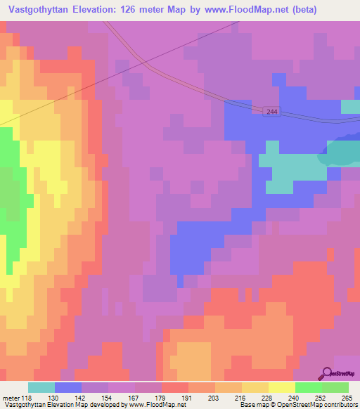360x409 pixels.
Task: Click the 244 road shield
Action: (x=274, y=112)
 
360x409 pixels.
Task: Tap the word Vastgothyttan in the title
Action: (x=44, y=10)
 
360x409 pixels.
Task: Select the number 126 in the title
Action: (x=147, y=10)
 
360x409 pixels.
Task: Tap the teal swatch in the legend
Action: (x=41, y=387)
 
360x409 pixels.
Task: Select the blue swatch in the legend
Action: (x=68, y=387)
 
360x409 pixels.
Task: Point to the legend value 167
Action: (x=127, y=397)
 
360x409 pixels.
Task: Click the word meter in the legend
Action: (x=11, y=397)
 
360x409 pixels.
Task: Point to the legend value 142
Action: (x=82, y=397)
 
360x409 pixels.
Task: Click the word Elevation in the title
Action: (x=104, y=10)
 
